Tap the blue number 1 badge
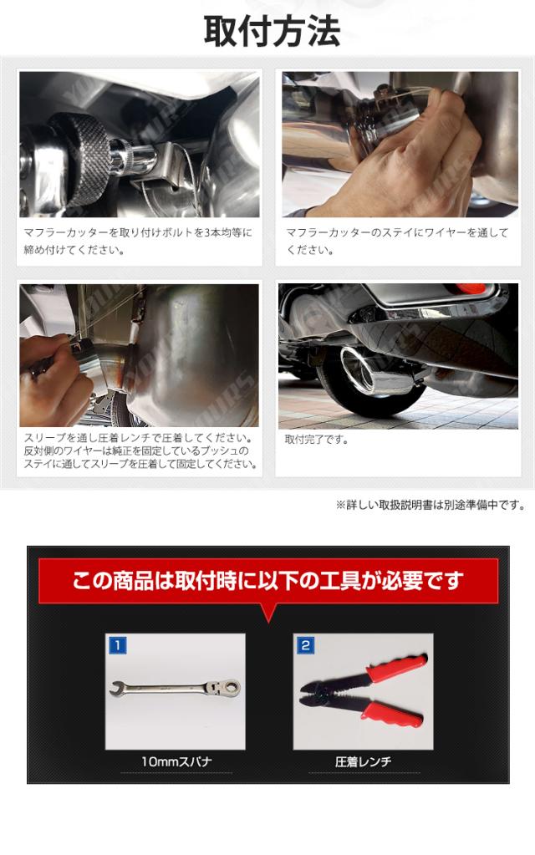(x=118, y=645)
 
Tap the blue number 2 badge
(x=305, y=645)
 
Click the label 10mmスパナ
(x=176, y=761)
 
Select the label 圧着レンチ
(x=363, y=761)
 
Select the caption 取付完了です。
(x=316, y=440)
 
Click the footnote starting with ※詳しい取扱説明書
(x=431, y=505)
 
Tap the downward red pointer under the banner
(x=267, y=613)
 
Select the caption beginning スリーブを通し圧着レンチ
(x=140, y=451)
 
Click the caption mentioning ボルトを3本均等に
(x=137, y=241)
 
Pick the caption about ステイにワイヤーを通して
(x=397, y=241)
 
